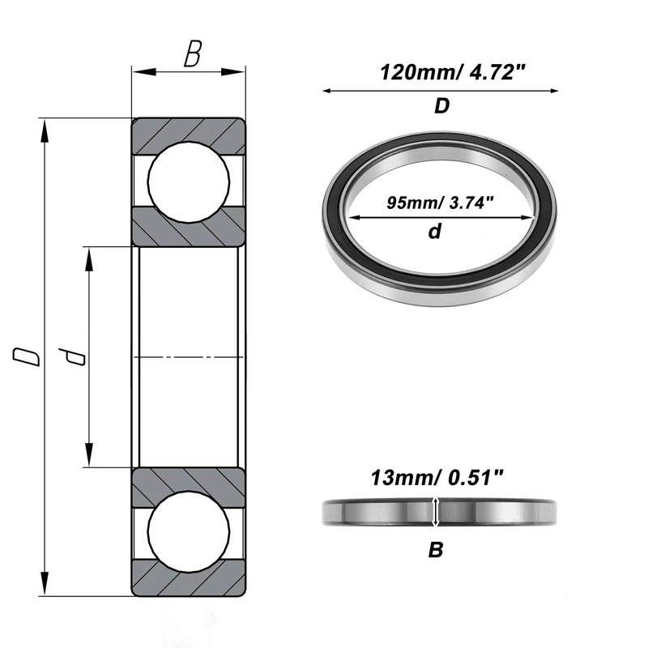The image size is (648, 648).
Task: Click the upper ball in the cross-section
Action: coord(189,182)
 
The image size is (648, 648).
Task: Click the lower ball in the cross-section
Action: coord(189,532)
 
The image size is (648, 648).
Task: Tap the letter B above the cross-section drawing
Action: coord(193,53)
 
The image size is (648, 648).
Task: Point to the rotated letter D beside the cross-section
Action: coord(27,356)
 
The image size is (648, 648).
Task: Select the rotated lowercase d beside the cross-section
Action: coord(72,356)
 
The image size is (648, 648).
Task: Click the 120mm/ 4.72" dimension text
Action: coord(452,72)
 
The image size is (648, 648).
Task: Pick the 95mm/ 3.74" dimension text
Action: coord(440,203)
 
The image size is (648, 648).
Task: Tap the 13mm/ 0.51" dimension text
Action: coord(437,478)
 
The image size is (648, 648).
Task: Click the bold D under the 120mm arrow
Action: coord(441,106)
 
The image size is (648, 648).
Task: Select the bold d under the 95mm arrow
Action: coord(435,231)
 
